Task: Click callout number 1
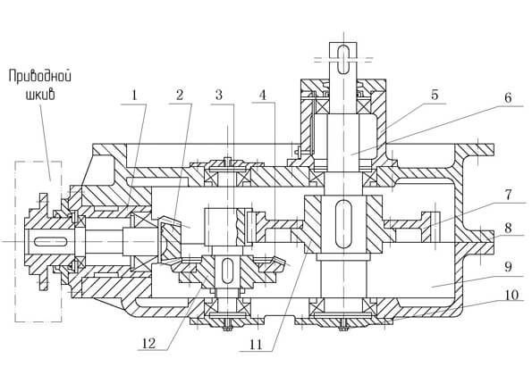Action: point(134,96)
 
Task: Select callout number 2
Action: point(180,96)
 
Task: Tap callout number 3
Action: point(220,96)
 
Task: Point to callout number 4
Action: point(263,96)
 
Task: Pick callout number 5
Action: point(435,96)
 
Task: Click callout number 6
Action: point(508,98)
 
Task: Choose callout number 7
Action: point(508,196)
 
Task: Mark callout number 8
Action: point(508,228)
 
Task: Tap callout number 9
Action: point(508,267)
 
